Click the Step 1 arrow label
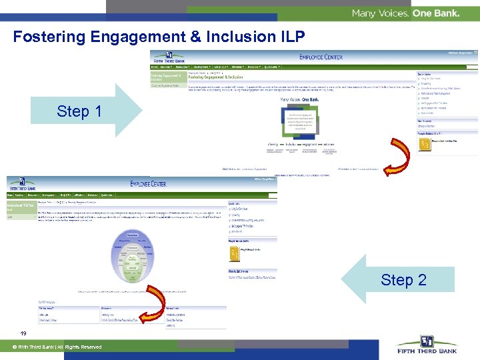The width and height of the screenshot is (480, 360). (79, 111)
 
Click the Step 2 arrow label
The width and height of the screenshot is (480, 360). (403, 280)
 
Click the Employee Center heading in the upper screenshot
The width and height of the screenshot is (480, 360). (321, 57)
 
